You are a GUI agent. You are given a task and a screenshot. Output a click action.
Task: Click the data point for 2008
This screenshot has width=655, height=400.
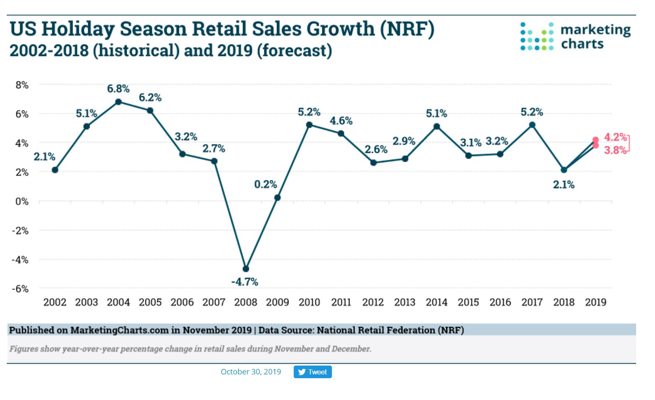click(246, 269)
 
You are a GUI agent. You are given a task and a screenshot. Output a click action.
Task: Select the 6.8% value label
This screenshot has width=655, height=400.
click(118, 89)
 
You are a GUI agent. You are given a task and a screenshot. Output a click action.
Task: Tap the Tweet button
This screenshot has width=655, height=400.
click(313, 372)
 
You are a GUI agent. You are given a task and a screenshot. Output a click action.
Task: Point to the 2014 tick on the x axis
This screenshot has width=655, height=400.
click(436, 302)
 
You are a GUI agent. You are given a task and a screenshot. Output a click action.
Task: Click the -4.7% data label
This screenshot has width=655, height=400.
click(245, 282)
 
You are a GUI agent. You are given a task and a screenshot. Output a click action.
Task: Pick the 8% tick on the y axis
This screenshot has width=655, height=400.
click(22, 85)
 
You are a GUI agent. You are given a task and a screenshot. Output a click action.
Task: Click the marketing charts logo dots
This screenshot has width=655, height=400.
click(537, 37)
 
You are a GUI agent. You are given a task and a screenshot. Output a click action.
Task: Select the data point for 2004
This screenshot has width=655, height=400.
click(118, 102)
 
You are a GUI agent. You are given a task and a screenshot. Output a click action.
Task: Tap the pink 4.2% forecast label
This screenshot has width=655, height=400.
click(615, 137)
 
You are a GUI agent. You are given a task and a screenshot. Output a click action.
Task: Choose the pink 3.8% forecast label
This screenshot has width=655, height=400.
click(615, 150)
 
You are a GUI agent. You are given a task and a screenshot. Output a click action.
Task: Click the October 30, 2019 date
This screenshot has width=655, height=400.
click(251, 372)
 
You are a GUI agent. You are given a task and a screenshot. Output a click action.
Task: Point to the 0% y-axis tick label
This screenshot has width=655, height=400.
click(22, 201)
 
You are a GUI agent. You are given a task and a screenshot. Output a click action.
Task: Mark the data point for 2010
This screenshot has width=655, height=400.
click(309, 125)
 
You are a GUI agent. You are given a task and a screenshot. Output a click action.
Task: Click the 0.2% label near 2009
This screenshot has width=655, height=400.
click(266, 185)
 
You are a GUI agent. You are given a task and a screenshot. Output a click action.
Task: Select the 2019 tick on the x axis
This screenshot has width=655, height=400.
click(595, 302)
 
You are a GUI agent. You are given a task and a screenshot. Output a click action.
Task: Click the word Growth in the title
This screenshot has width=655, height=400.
click(340, 29)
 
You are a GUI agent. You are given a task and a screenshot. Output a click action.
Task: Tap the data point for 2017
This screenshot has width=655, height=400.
click(532, 125)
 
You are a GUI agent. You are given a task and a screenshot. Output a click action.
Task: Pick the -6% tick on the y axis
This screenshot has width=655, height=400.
click(20, 289)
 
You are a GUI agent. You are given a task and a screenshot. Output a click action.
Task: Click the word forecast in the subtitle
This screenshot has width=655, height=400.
click(294, 51)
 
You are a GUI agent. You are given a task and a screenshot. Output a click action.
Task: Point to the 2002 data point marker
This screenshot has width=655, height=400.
click(55, 170)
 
